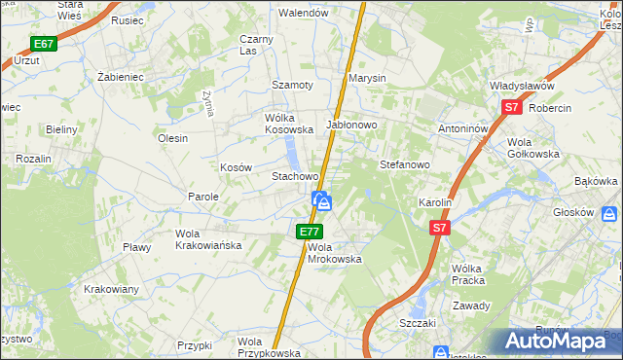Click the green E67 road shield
pos(43,44)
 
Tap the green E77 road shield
pos(310,231)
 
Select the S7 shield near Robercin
pos(512,109)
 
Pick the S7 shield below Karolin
pos(440,227)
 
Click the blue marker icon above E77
pos(322,201)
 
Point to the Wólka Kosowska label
pos(289,123)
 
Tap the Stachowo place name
pos(295,177)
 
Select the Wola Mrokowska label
pos(335,253)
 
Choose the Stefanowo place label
pos(404,164)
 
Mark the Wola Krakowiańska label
pos(208,239)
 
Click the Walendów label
pos(302,14)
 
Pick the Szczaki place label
pos(416,321)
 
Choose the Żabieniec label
pos(122,74)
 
